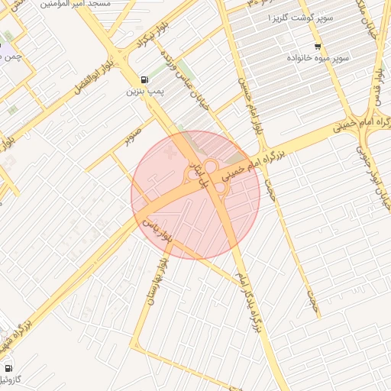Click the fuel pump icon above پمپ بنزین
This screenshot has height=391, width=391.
pyautogui.click(x=144, y=79)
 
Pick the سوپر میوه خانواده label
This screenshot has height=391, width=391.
pyautogui.click(x=318, y=58)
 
